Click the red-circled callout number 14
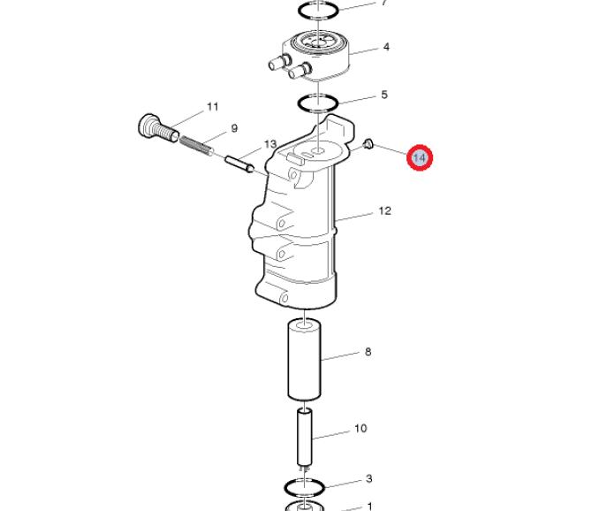(420, 157)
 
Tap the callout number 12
(384, 210)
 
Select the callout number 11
(213, 107)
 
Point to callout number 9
(234, 128)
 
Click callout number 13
(270, 144)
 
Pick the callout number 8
(368, 352)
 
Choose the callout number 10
(361, 428)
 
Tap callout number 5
(384, 95)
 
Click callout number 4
(386, 47)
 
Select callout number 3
(369, 479)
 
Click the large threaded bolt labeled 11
(158, 127)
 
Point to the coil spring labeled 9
(196, 146)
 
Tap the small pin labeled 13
(239, 164)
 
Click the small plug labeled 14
(368, 143)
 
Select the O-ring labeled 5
(318, 103)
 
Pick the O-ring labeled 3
(304, 487)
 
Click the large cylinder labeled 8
(304, 360)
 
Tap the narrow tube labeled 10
(305, 438)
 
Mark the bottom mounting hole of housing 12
(285, 298)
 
